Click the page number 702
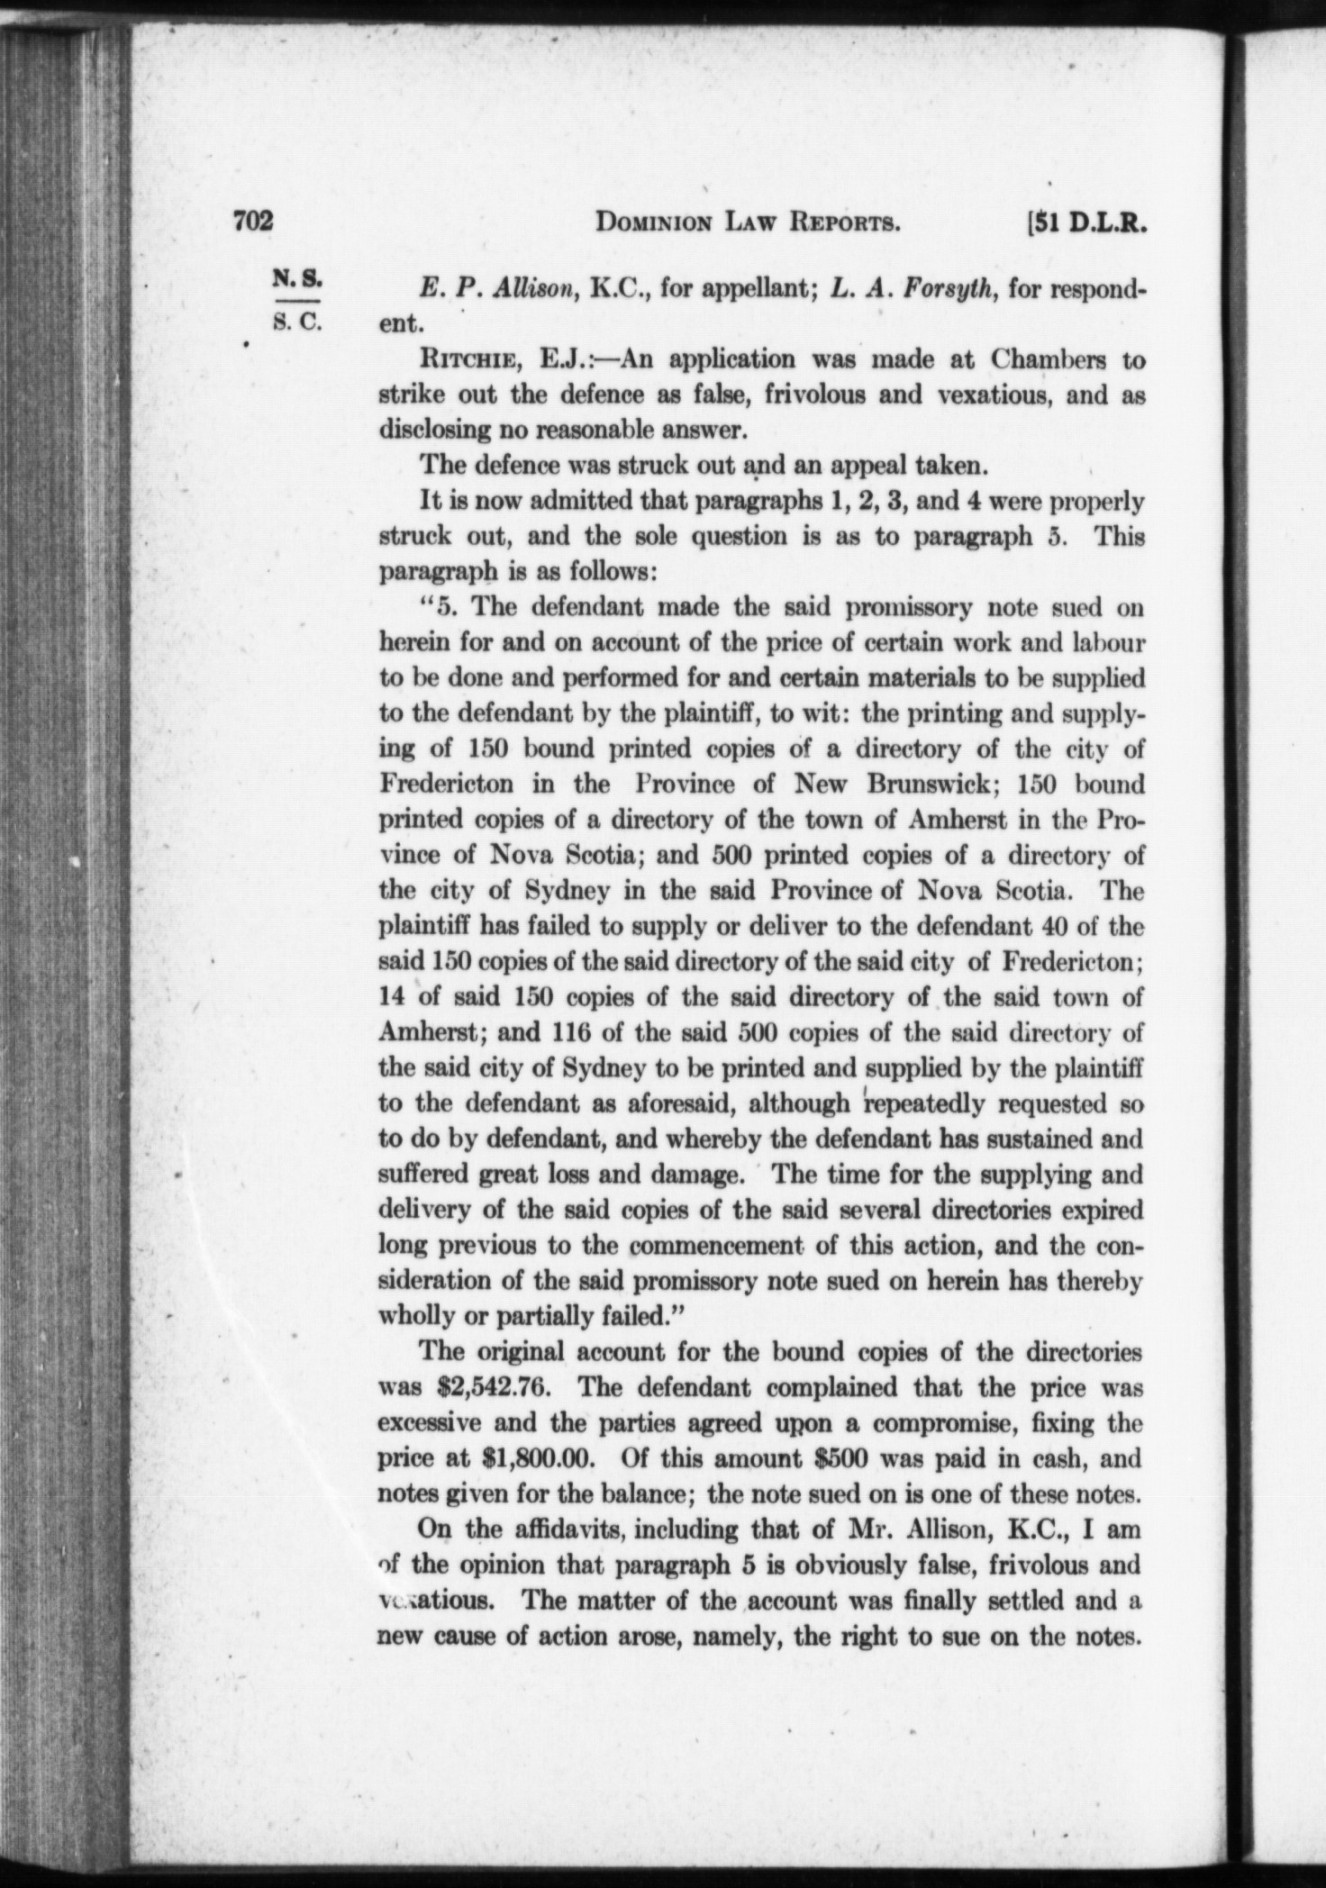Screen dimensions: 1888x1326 click(252, 222)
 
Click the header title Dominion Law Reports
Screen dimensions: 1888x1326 click(748, 222)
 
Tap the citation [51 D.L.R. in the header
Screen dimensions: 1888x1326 click(1090, 222)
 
